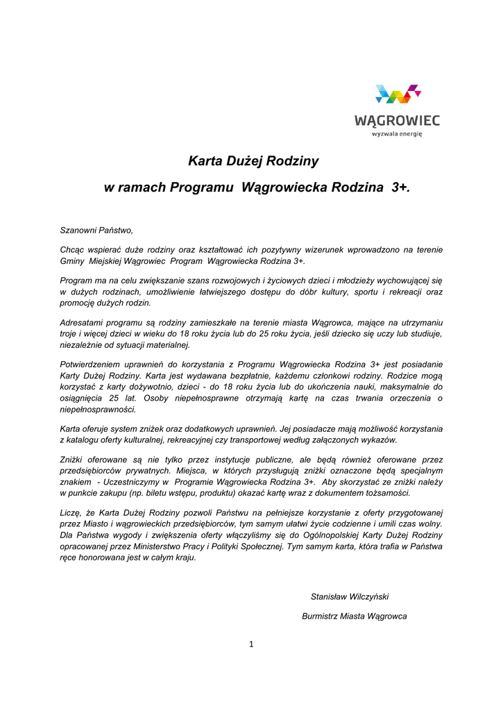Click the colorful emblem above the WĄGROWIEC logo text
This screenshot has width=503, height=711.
[398, 96]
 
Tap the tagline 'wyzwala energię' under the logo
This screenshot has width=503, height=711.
[397, 134]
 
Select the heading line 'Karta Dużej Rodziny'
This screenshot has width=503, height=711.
[253, 162]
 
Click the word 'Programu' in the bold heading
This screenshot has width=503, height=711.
[203, 187]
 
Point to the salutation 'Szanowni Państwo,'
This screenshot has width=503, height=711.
[96, 229]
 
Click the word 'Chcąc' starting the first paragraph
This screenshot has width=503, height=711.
[73, 249]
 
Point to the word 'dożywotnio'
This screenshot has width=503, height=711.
[144, 387]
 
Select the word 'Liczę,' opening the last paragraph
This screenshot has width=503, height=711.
[72, 513]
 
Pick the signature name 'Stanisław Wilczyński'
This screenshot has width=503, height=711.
[355, 596]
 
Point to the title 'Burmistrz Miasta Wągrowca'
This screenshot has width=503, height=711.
[355, 616]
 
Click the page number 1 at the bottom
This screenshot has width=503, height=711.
[251, 644]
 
